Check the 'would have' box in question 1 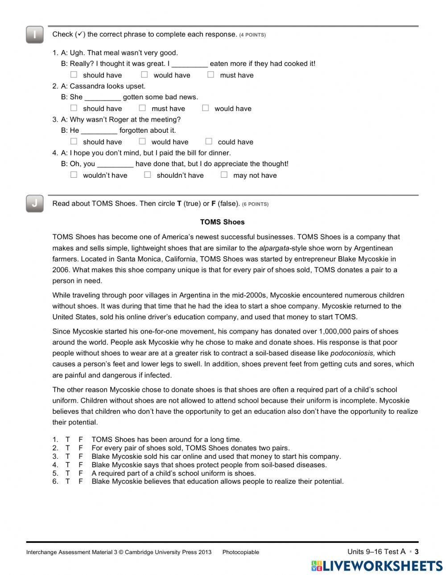point(145,75)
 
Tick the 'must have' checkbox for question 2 point(142,108)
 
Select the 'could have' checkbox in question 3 point(209,142)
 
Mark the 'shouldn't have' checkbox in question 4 point(148,175)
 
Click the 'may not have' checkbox point(224,175)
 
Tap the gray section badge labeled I point(35,35)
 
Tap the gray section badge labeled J point(35,204)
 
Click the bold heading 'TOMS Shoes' point(222,222)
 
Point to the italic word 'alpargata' point(274,248)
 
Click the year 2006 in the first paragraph point(61,270)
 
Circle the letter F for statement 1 point(81,440)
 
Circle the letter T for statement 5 point(68,473)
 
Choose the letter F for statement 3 point(81,457)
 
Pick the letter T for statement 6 point(68,481)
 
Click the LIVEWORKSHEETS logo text point(383,566)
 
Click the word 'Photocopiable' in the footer point(240,552)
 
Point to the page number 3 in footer point(417,552)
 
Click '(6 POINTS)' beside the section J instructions point(255,204)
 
